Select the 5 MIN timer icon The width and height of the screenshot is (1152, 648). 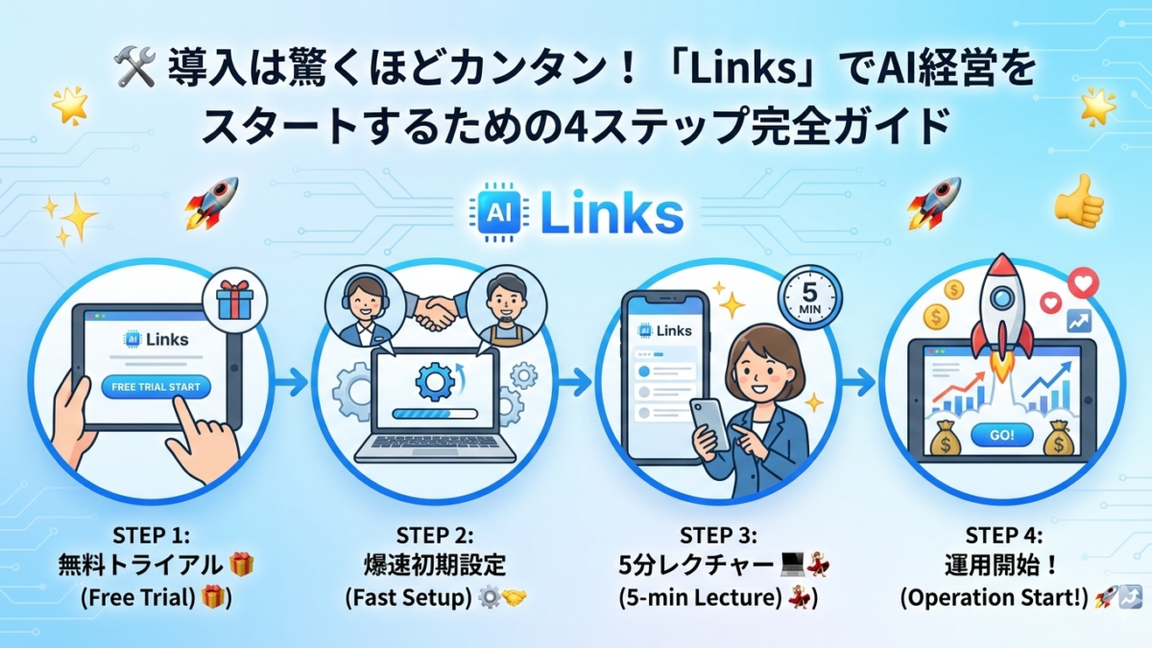(809, 299)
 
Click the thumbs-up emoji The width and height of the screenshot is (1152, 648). (1078, 201)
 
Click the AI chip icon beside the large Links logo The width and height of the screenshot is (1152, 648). (498, 213)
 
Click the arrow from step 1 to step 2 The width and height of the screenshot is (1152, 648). (291, 381)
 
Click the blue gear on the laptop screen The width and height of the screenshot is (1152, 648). (434, 380)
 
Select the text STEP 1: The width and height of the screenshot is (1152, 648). (155, 535)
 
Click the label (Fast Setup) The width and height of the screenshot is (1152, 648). (409, 596)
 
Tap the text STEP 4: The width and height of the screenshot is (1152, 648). (1003, 535)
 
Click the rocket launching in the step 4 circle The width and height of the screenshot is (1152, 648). (1001, 307)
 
